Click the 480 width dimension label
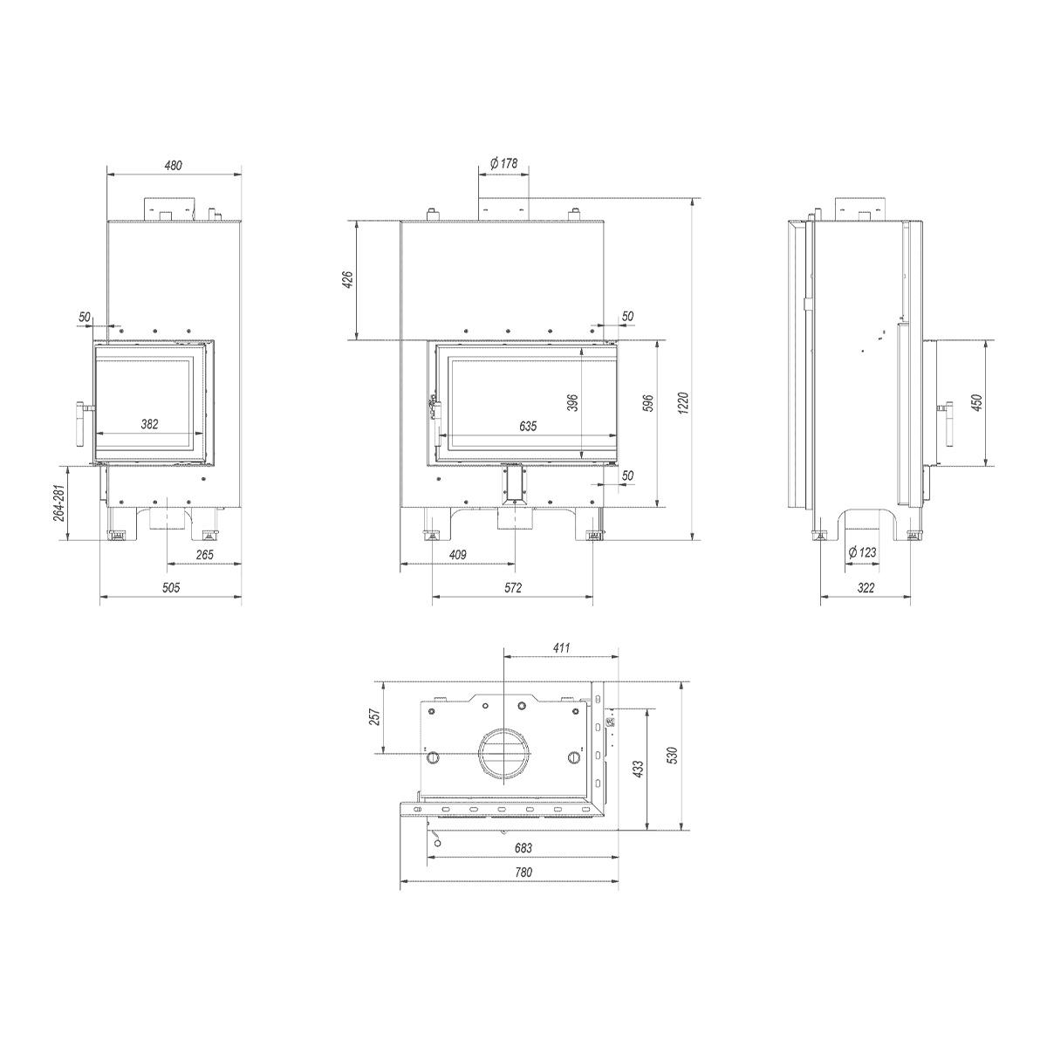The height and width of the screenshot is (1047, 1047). [x=174, y=165]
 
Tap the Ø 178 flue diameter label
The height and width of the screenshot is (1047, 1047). [x=503, y=163]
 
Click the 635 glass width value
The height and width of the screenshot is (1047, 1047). [x=528, y=427]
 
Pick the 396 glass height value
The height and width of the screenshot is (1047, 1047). [x=572, y=402]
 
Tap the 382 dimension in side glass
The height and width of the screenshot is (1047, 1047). [x=149, y=424]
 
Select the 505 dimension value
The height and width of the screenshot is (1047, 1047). [x=171, y=587]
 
